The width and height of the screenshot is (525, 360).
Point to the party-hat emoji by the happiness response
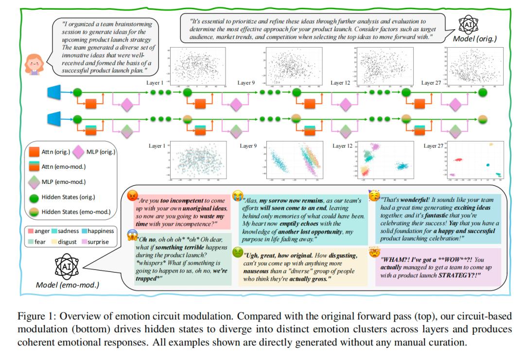pyautogui.click(x=374, y=196)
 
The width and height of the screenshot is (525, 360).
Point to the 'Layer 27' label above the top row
pyautogui.click(x=432, y=83)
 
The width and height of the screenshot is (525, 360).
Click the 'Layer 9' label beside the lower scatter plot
pyautogui.click(x=248, y=146)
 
